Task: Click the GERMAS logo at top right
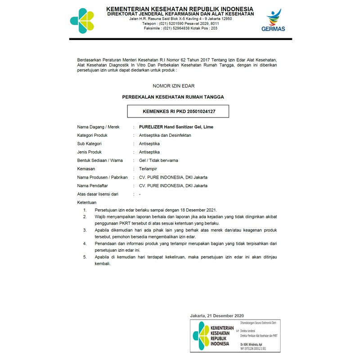point(273,20)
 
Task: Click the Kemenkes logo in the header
point(82,21)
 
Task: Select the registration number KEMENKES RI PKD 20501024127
point(179,111)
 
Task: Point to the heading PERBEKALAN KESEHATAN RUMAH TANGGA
point(173,97)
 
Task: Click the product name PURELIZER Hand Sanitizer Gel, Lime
point(176,127)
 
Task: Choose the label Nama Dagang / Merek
point(99,127)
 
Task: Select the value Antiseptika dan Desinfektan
point(165,135)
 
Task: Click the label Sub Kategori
point(90,144)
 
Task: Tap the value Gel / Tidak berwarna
point(158,161)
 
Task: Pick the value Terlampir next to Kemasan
point(148,169)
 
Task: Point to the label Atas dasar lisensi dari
point(98,194)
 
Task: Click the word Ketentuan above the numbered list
point(87,202)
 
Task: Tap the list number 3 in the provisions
point(85,230)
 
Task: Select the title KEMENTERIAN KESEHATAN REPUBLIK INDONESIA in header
point(180,9)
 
